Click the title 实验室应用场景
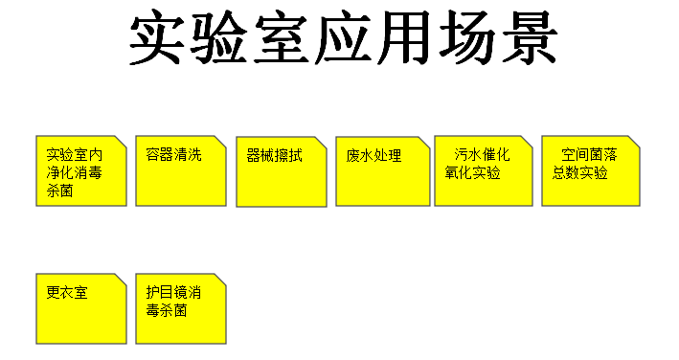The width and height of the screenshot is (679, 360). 343,37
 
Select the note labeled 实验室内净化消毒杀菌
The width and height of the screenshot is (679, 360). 81,171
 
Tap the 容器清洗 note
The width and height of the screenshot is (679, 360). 181,171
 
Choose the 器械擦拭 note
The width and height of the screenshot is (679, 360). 282,171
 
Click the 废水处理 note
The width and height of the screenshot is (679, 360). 383,171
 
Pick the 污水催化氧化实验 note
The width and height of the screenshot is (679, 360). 484,171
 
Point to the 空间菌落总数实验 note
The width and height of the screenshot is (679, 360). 591,171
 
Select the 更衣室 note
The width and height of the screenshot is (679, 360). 81,309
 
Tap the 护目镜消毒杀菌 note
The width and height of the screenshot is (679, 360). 181,309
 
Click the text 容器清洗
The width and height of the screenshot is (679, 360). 173,154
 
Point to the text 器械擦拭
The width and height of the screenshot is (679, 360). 274,155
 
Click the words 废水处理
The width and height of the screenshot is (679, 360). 373,155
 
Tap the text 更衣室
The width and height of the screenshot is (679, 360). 67,293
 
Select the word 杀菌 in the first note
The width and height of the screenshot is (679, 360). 59,191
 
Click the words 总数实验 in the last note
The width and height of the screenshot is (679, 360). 579,172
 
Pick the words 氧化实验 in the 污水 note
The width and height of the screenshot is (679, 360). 472,172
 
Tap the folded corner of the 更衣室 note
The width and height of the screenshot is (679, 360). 121,280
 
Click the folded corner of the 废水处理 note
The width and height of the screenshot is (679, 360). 423,143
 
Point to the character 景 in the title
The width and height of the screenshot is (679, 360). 530,37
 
